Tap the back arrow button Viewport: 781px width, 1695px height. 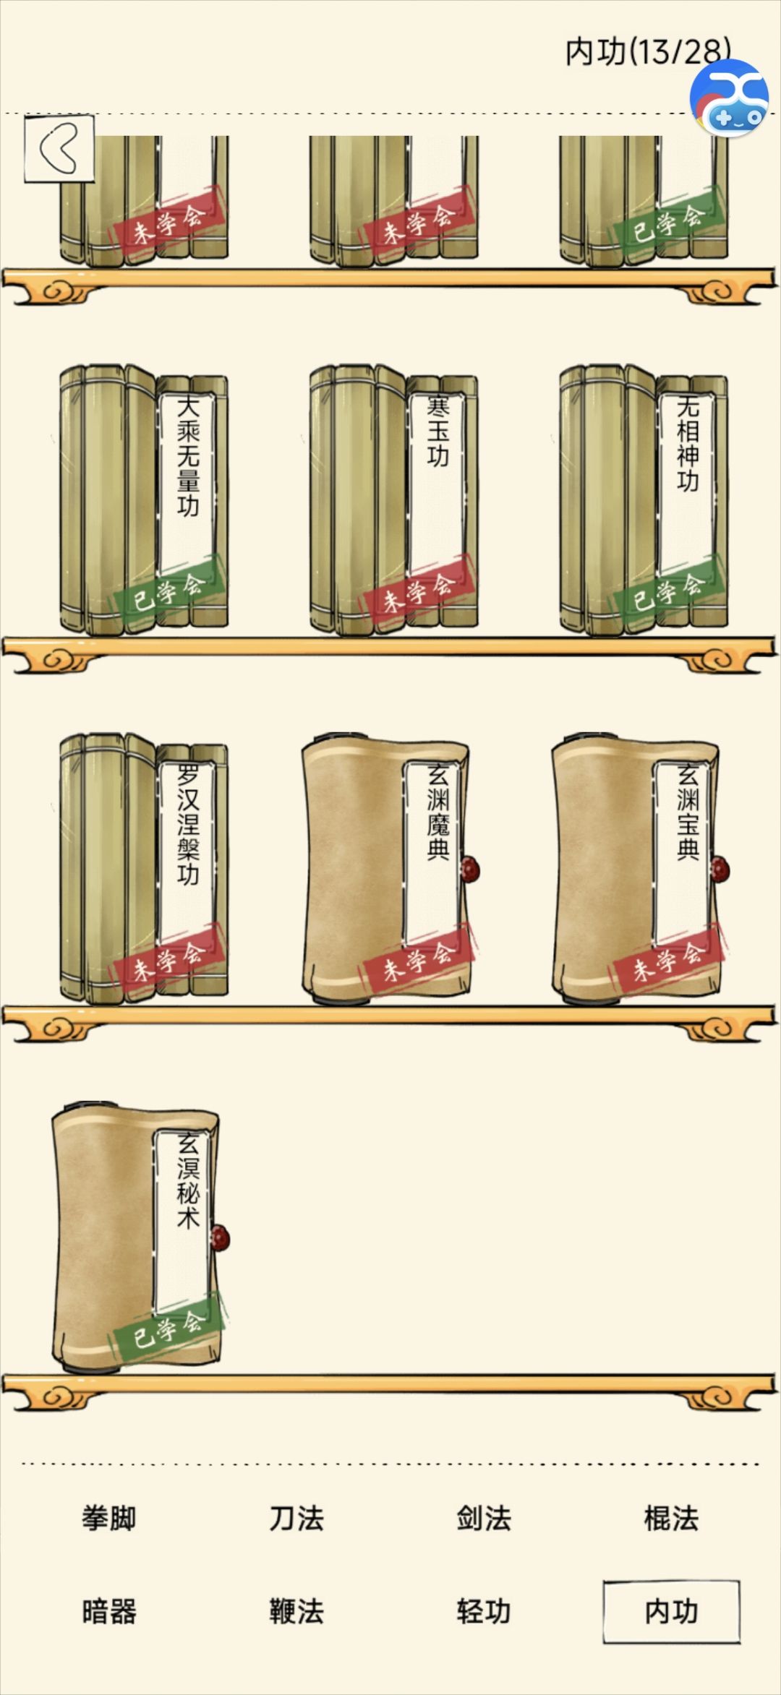(x=59, y=148)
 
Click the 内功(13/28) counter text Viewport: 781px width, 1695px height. (x=647, y=51)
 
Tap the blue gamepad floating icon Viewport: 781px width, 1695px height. (x=729, y=98)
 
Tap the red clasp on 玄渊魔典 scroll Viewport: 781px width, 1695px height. (x=471, y=869)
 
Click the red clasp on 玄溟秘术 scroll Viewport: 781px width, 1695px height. (x=220, y=1238)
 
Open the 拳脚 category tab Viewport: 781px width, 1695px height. (x=109, y=1519)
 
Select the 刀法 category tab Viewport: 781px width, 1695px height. (x=296, y=1519)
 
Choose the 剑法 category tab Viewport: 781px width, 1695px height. (x=484, y=1519)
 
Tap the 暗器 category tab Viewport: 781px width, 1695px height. (x=109, y=1612)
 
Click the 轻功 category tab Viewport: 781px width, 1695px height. (x=484, y=1612)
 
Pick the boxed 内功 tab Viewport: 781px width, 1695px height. (x=672, y=1612)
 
